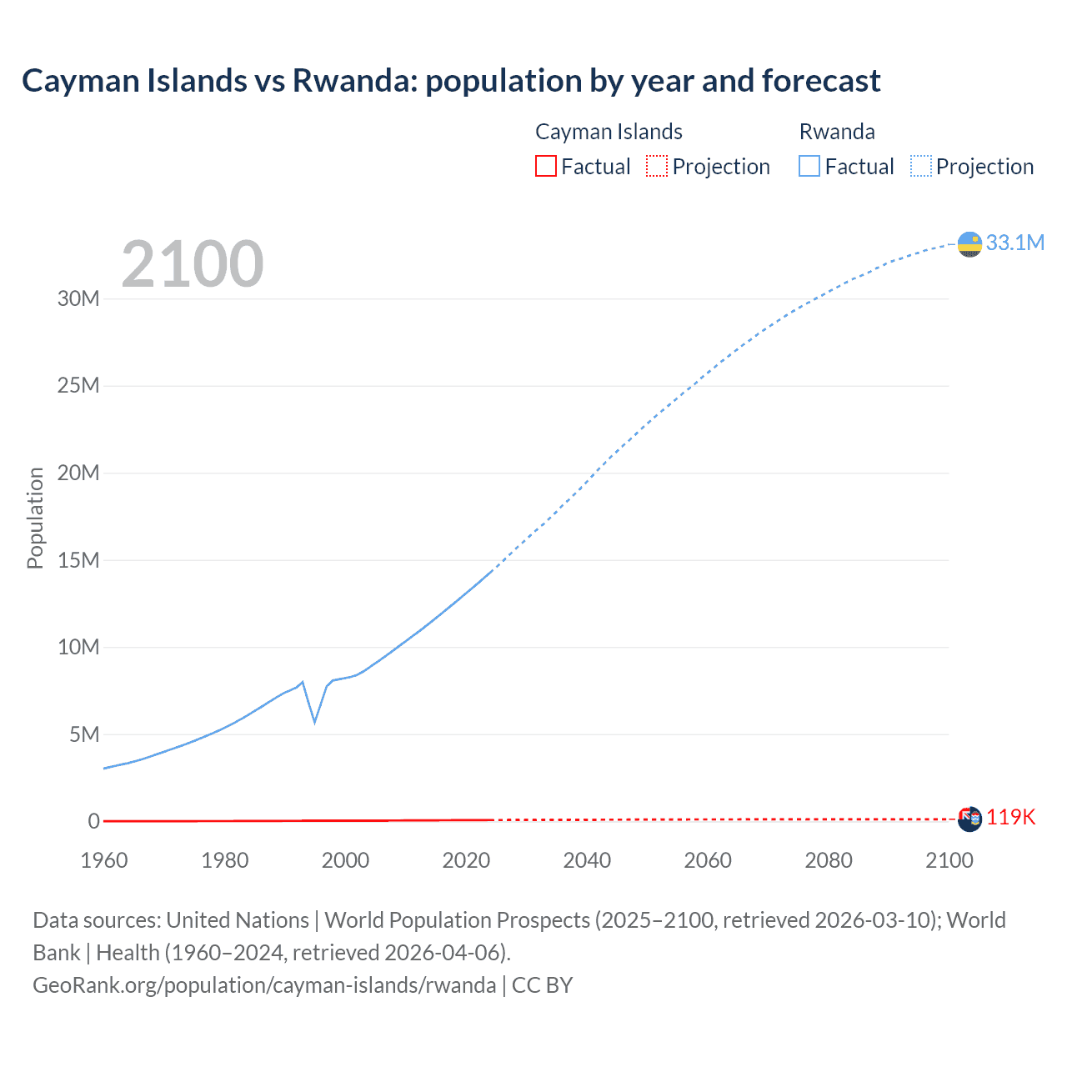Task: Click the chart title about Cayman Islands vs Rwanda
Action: point(451,81)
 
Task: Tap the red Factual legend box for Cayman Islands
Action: point(545,166)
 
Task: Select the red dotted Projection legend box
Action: point(657,166)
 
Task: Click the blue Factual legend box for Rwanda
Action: point(809,166)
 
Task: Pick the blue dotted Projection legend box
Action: point(921,166)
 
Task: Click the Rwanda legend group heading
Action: point(837,132)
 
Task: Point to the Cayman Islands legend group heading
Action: point(609,132)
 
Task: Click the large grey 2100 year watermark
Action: point(193,264)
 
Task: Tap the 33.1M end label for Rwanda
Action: point(1014,243)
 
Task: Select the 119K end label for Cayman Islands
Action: point(1010,817)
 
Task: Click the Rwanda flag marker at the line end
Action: point(969,244)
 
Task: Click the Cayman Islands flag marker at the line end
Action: point(969,819)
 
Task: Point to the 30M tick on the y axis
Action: point(78,298)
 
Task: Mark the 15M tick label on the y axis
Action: point(78,560)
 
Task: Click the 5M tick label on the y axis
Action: point(84,734)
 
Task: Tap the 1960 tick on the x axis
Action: point(104,860)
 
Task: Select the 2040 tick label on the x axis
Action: point(587,860)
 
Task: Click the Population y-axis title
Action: point(35,518)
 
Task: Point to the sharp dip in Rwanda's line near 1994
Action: point(314,721)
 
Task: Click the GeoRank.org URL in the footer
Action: point(264,984)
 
